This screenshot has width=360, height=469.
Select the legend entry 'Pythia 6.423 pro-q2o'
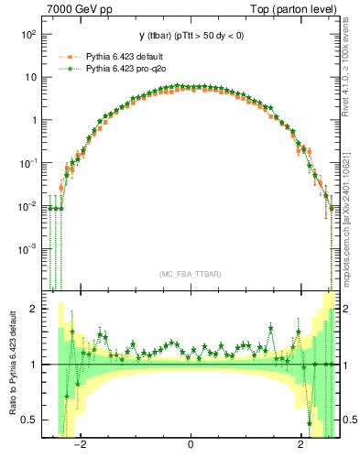120,68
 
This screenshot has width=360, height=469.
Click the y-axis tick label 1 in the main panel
32,120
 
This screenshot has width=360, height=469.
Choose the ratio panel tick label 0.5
28,420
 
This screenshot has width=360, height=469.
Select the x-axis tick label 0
191,446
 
